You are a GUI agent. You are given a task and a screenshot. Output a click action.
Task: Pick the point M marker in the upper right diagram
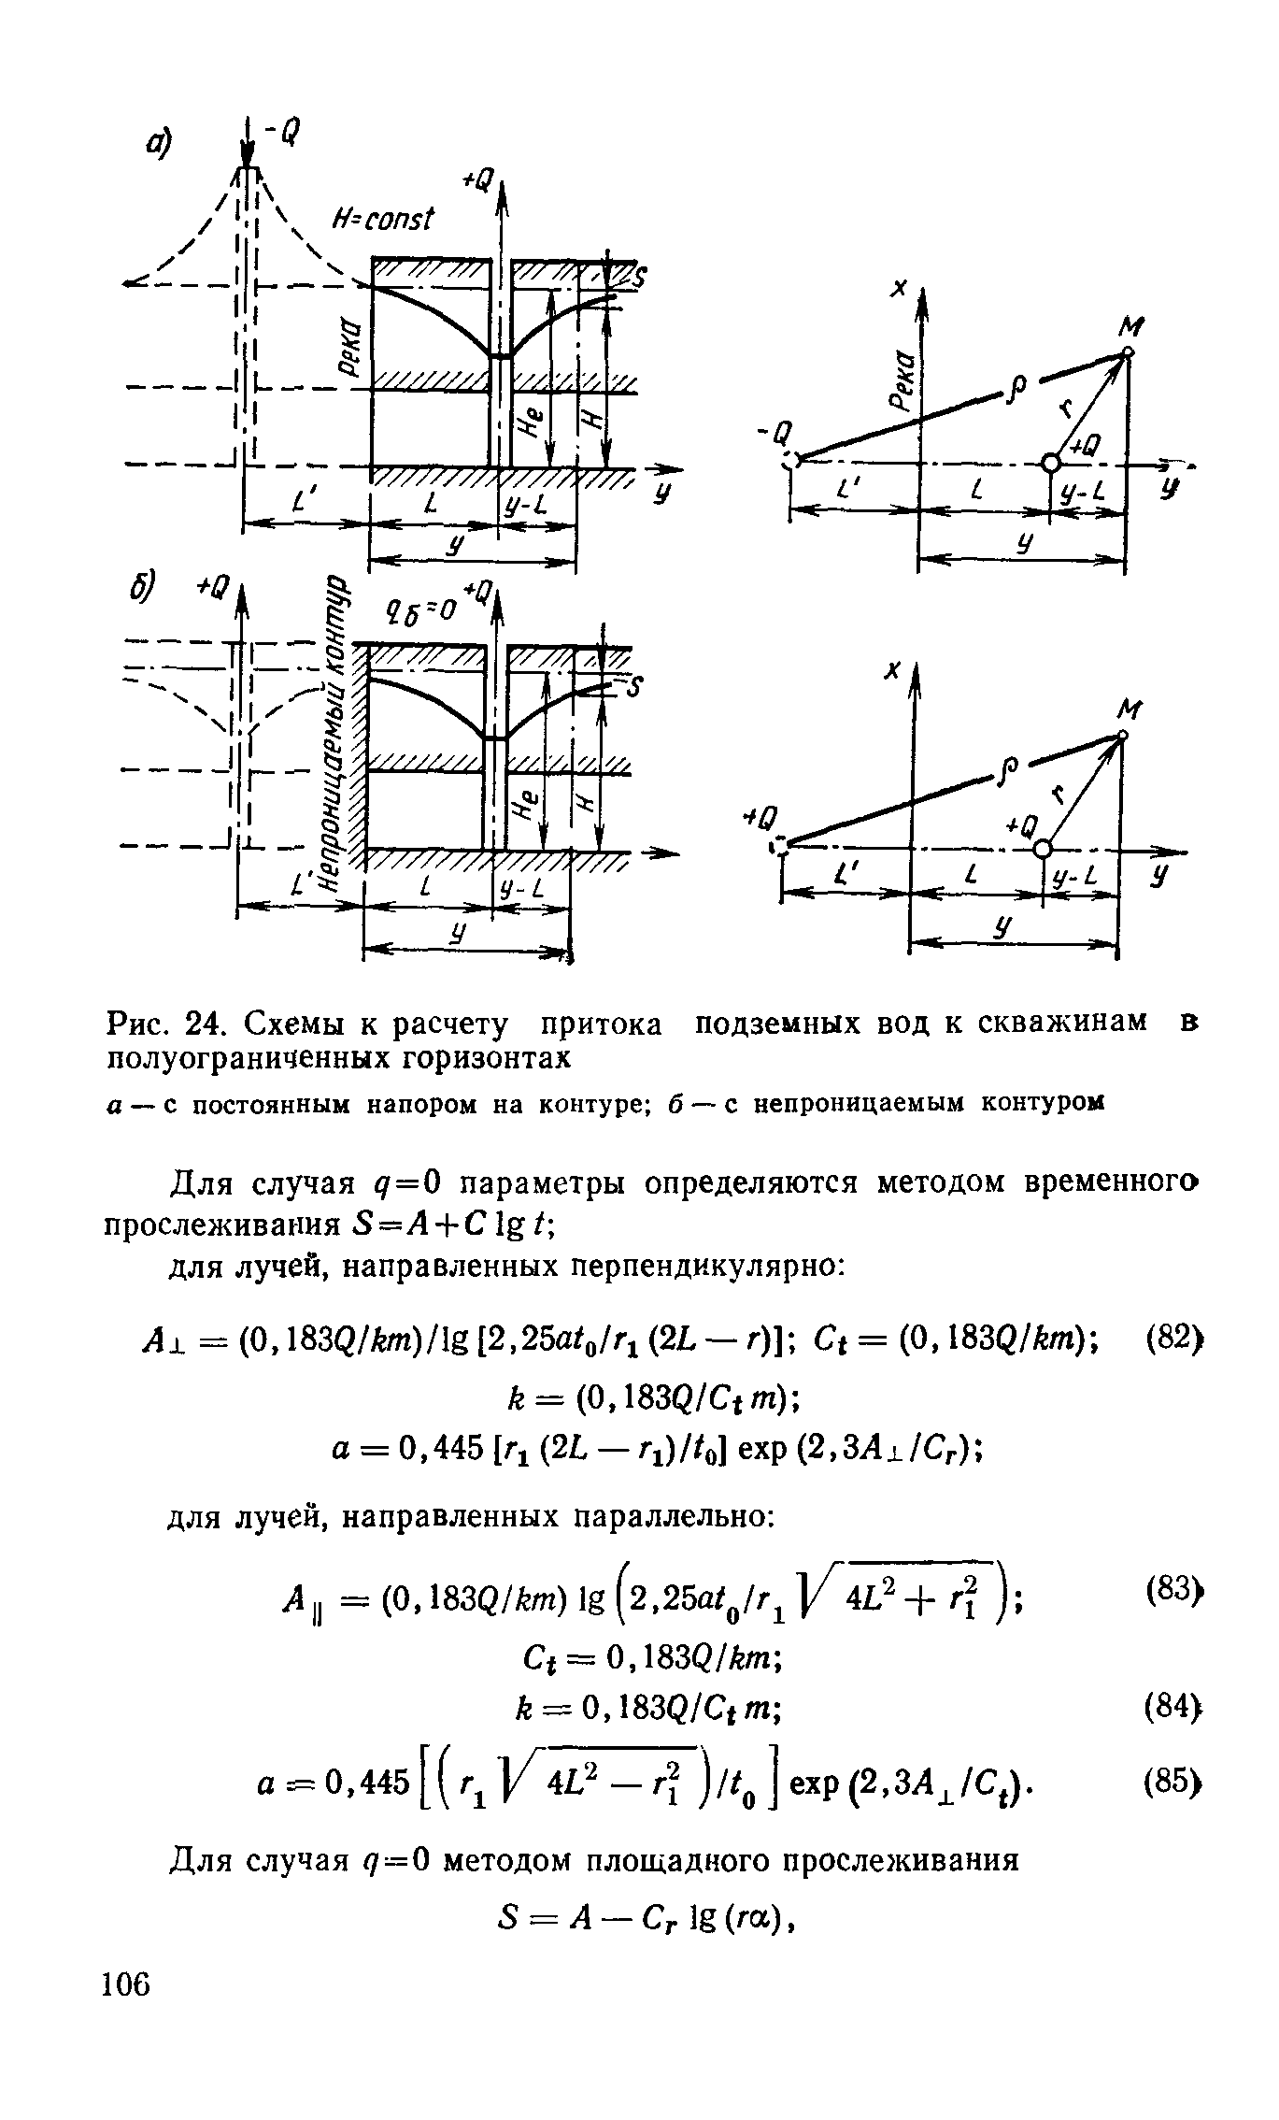(1129, 351)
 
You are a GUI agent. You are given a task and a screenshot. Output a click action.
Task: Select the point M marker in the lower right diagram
(1122, 736)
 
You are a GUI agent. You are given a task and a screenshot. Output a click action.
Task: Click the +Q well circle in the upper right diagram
(1052, 462)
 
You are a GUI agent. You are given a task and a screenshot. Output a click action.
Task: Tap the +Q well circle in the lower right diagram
(1043, 848)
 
